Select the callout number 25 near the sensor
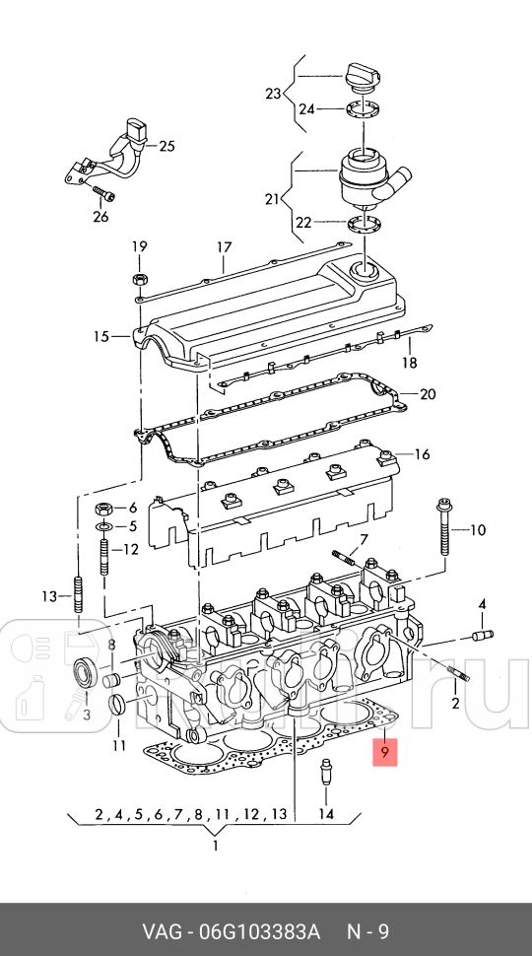pyautogui.click(x=166, y=147)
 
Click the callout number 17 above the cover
pyautogui.click(x=224, y=247)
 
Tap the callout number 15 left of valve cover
pyautogui.click(x=100, y=337)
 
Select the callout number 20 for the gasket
pyautogui.click(x=427, y=394)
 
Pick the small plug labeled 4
pyautogui.click(x=483, y=636)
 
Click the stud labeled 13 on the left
pyautogui.click(x=78, y=597)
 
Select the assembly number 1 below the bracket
pyautogui.click(x=215, y=845)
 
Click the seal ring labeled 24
pyautogui.click(x=363, y=108)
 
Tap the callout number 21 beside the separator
pyautogui.click(x=272, y=199)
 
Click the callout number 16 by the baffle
pyautogui.click(x=423, y=454)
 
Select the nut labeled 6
pyautogui.click(x=102, y=509)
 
